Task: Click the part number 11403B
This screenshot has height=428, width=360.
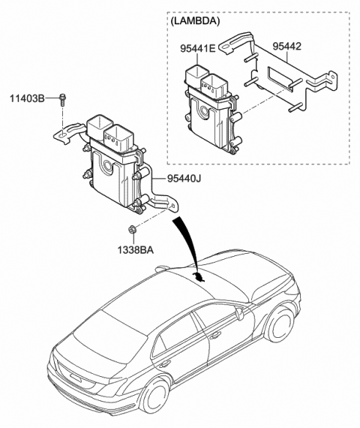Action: [x=25, y=98]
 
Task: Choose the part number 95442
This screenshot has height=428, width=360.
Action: [x=289, y=46]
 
